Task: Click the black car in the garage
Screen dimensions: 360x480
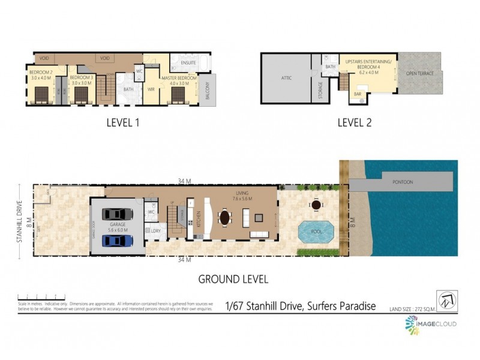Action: (x=118, y=215)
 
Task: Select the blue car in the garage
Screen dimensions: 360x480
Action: (x=118, y=241)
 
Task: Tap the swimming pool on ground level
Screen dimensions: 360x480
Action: (x=316, y=233)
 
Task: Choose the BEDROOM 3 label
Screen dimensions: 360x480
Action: (x=81, y=78)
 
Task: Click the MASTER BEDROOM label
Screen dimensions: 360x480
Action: (x=178, y=78)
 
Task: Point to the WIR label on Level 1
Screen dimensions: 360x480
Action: (x=151, y=89)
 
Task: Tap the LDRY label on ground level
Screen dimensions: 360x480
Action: (x=155, y=230)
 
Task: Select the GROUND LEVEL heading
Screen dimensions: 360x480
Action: (x=233, y=279)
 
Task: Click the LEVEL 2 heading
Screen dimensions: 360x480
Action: (x=355, y=122)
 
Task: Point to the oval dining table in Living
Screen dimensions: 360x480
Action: (x=225, y=216)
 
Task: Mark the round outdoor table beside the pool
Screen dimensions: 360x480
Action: (x=316, y=206)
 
